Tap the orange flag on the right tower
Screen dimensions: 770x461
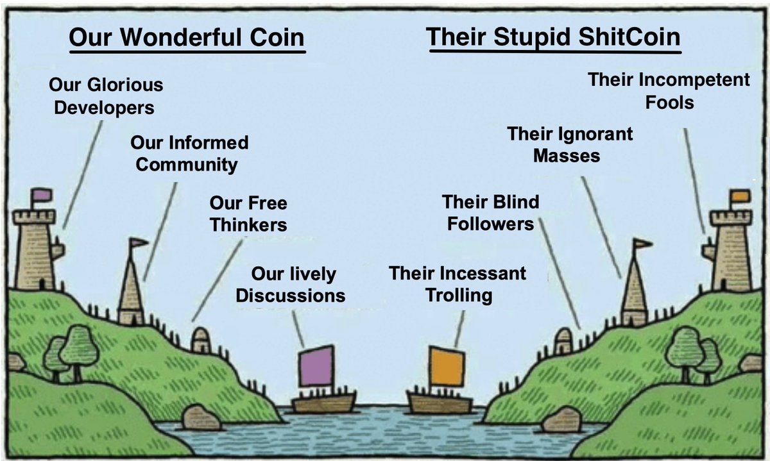[739, 196]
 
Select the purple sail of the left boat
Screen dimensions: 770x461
[316, 366]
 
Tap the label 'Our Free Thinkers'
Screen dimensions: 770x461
[248, 214]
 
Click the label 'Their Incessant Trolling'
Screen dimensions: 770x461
[457, 284]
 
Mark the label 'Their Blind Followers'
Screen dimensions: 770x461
[490, 213]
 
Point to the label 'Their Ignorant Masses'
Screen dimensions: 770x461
[569, 144]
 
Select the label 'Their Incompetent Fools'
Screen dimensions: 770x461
[669, 90]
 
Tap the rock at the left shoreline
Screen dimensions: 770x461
[201, 417]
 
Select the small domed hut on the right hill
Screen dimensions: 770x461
[563, 340]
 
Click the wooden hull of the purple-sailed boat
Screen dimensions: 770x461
[323, 403]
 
